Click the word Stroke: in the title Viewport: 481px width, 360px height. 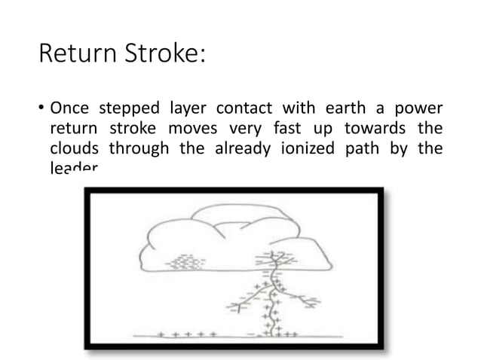click(162, 55)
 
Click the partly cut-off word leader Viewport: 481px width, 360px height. click(73, 169)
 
